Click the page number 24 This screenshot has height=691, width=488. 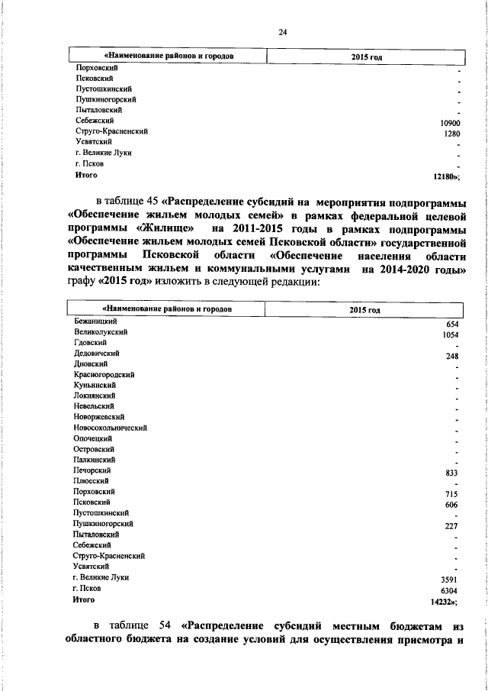(x=282, y=31)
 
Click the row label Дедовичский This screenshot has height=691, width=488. (x=95, y=354)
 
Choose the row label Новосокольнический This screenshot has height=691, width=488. (x=110, y=428)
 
